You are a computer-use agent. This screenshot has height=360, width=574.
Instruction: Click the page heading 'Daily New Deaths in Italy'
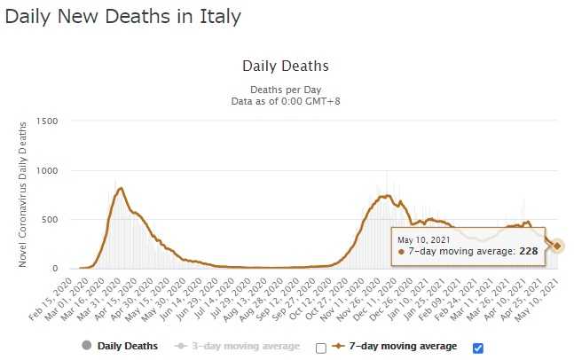coord(123,16)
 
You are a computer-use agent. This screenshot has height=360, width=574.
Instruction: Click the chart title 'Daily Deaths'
coord(285,67)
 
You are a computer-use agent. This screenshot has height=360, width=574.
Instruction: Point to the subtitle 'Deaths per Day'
coord(284,89)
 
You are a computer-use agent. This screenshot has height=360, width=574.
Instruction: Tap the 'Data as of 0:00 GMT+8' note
coord(284,101)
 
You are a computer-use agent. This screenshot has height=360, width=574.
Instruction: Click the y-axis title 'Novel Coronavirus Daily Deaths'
coord(23,194)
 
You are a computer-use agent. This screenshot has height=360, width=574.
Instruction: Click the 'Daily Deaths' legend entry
coord(127,346)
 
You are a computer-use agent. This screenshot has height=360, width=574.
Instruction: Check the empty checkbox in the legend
coord(321,348)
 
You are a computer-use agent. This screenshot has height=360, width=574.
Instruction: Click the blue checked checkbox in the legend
coord(478,347)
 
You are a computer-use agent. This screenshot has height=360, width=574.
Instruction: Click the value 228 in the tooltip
coord(529,252)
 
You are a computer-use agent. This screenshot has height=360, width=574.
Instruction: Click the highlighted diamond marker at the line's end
coord(557,246)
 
